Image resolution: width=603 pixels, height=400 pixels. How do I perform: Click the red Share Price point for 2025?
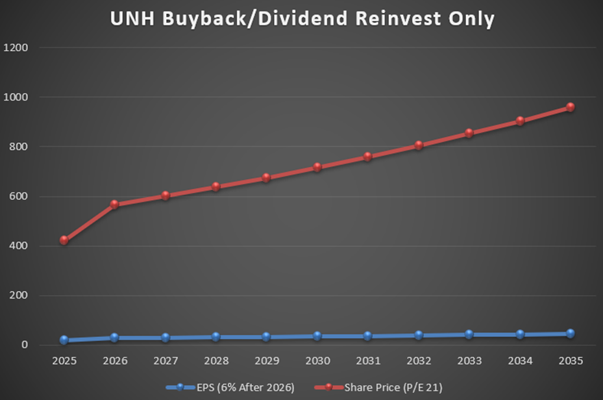click(x=64, y=240)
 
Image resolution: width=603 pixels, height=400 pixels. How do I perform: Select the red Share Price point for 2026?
click(x=114, y=205)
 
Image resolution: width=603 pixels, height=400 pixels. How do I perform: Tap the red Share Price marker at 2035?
click(x=570, y=107)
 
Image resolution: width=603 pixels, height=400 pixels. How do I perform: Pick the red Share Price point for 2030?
click(x=317, y=168)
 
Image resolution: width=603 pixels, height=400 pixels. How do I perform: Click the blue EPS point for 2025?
click(x=64, y=340)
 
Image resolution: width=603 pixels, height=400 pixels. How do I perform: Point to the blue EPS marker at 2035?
click(x=570, y=333)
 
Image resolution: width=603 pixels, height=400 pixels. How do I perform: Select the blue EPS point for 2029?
click(x=266, y=337)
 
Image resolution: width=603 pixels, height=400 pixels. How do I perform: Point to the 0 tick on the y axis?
click(x=24, y=345)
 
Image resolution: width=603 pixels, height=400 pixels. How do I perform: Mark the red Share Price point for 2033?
click(x=469, y=133)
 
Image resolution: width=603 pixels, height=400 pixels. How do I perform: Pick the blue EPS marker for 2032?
click(x=418, y=335)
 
